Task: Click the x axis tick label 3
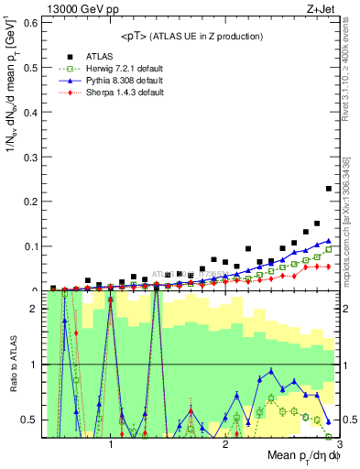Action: click(x=339, y=445)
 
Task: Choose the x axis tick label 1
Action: click(x=111, y=445)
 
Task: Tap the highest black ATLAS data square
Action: click(x=329, y=189)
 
